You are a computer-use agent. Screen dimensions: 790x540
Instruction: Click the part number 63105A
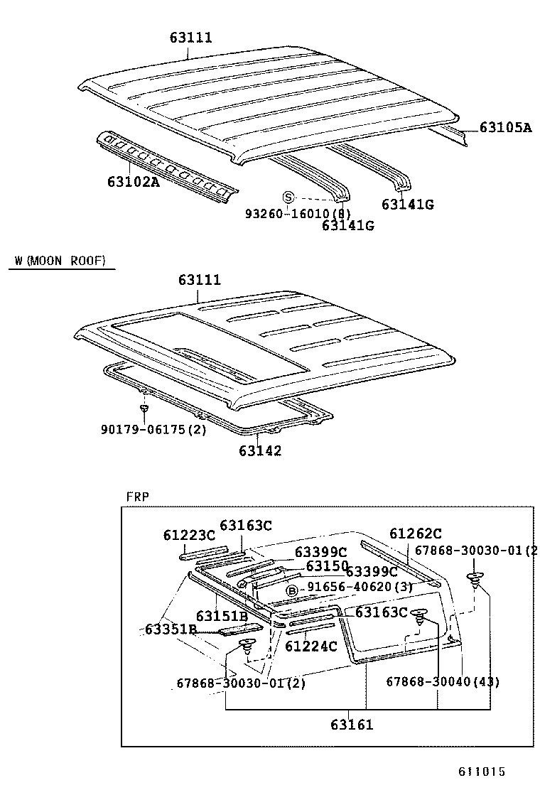point(505,128)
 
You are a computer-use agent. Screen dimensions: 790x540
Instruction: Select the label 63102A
point(133,181)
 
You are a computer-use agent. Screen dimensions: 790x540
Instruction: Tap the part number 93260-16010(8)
point(298,213)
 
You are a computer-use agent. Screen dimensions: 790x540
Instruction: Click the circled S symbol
point(288,197)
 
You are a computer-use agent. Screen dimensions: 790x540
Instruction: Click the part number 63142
point(259,450)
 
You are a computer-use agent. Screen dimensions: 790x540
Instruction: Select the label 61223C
point(188,535)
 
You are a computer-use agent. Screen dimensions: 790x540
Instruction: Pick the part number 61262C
point(416,534)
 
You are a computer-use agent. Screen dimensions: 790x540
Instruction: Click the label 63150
point(327,566)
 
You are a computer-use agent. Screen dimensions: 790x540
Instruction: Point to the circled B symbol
point(291,590)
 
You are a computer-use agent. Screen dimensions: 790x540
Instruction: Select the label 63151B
point(222,616)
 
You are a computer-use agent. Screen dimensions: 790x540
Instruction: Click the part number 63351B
point(171,629)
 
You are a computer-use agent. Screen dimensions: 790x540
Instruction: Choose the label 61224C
point(310,646)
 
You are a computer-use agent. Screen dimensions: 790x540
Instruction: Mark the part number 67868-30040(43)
point(443,682)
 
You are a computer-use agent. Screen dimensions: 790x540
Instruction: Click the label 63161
point(351,725)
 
